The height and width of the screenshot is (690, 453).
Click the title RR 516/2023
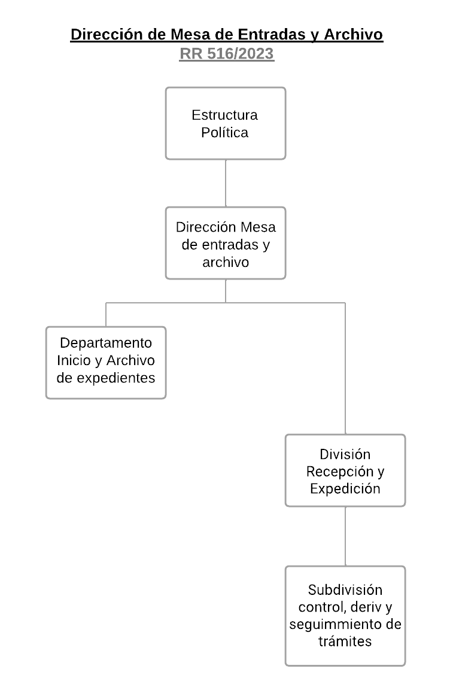click(226, 54)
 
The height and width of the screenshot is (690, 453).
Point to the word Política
click(225, 132)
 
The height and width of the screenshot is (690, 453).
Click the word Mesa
click(258, 227)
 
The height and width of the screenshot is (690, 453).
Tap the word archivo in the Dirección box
click(226, 262)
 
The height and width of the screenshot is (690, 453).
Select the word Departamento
click(106, 344)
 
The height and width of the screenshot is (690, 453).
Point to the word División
click(345, 454)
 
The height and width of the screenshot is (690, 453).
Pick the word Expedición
click(345, 488)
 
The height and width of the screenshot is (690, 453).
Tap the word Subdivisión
click(345, 590)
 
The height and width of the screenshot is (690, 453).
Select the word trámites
click(345, 642)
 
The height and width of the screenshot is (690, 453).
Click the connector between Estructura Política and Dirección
click(226, 183)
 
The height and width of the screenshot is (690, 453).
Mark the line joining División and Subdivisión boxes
click(345, 536)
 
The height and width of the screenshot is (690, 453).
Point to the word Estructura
click(225, 114)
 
